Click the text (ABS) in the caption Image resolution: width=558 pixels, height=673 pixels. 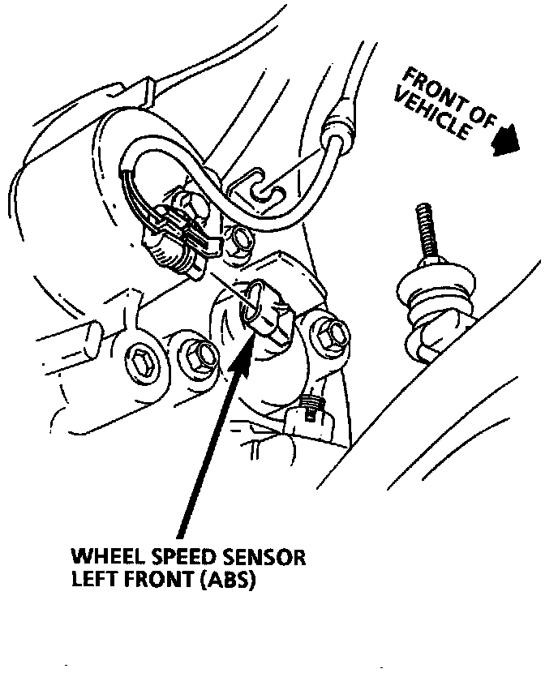225,581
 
